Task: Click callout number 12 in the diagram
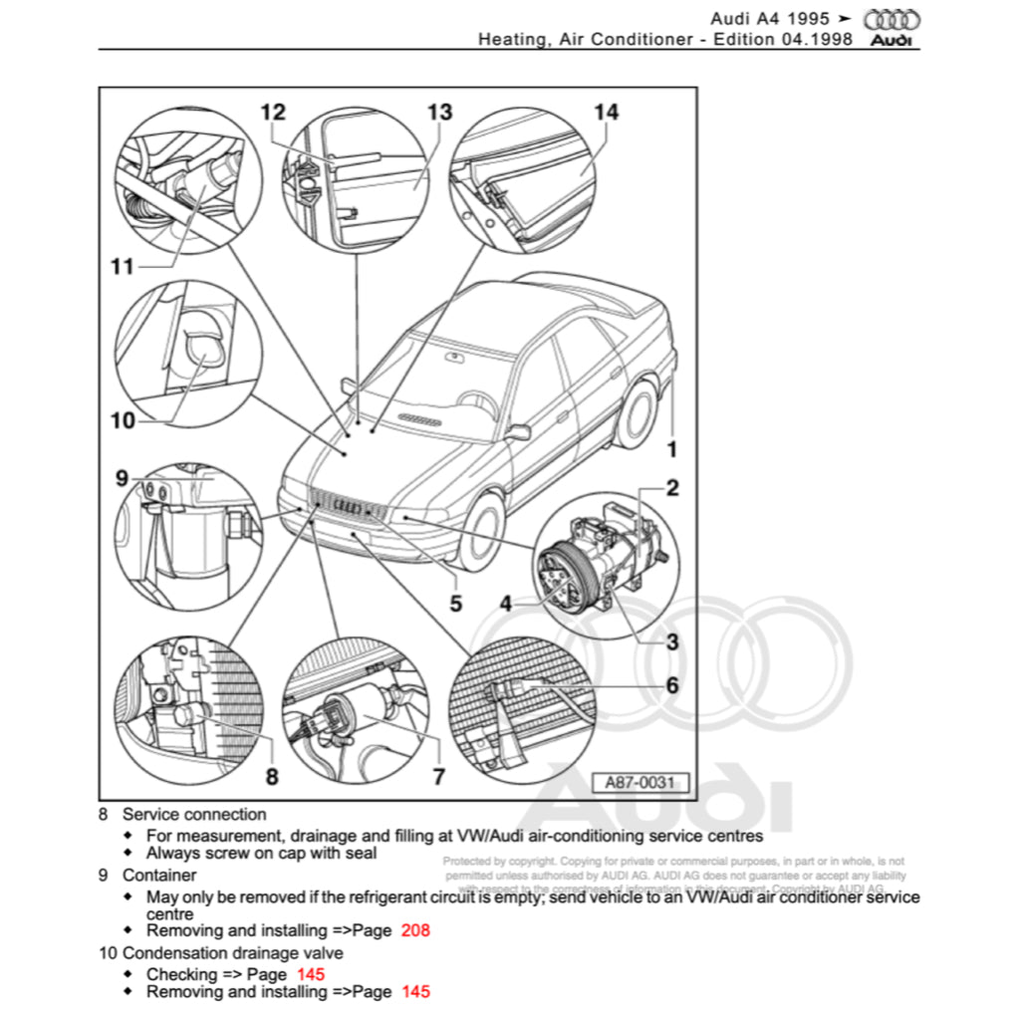[273, 113]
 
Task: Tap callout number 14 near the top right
[606, 113]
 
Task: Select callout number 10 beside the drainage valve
[123, 420]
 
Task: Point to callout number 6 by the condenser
[672, 684]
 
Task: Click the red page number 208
[415, 930]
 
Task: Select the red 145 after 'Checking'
[311, 974]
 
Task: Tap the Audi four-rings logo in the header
[892, 20]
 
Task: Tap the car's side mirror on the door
[518, 431]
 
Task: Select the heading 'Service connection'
[194, 814]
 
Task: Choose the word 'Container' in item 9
[159, 875]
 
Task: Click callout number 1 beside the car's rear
[671, 449]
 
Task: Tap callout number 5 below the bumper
[455, 603]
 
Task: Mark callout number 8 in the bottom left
[271, 776]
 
